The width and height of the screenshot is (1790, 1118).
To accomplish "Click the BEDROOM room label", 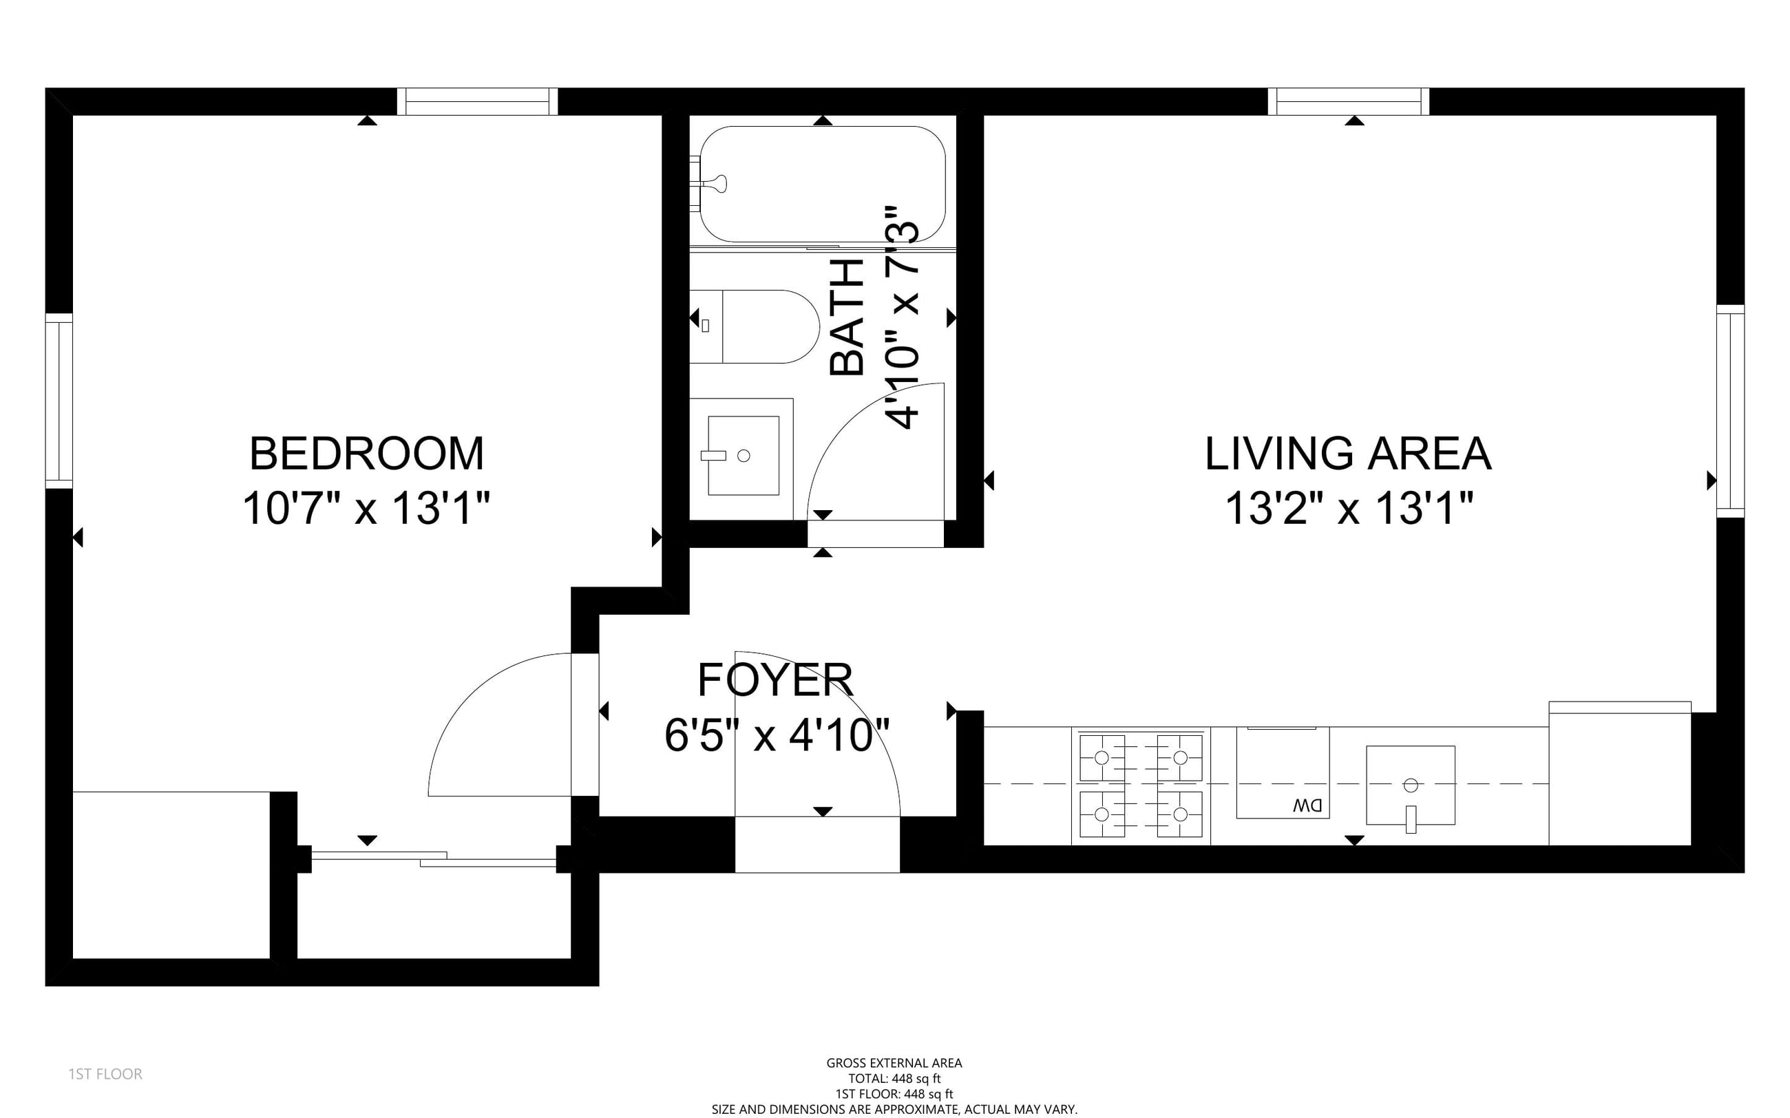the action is pos(367,453).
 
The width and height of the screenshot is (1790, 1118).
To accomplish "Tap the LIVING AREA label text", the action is pos(1349,453).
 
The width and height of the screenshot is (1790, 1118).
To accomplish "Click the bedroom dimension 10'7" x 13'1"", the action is pos(367,509).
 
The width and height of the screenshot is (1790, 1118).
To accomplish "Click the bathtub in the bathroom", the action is pos(822,183).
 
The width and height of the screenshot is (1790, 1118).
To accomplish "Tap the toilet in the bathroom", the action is pos(755,326).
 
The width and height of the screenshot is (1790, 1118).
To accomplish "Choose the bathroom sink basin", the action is pos(743,456).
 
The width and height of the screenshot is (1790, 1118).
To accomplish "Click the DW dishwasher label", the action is pos(1307,806).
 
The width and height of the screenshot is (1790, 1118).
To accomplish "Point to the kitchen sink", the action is pos(1411,785).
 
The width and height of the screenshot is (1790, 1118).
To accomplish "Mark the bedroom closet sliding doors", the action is pos(434,858).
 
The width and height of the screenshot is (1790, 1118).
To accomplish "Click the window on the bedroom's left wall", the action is pos(59,400).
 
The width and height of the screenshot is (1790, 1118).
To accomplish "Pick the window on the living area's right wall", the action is pos(1730,410).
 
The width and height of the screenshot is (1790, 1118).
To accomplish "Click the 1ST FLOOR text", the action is pos(105,1074).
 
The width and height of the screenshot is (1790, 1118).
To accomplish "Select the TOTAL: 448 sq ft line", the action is pos(894,1078).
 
